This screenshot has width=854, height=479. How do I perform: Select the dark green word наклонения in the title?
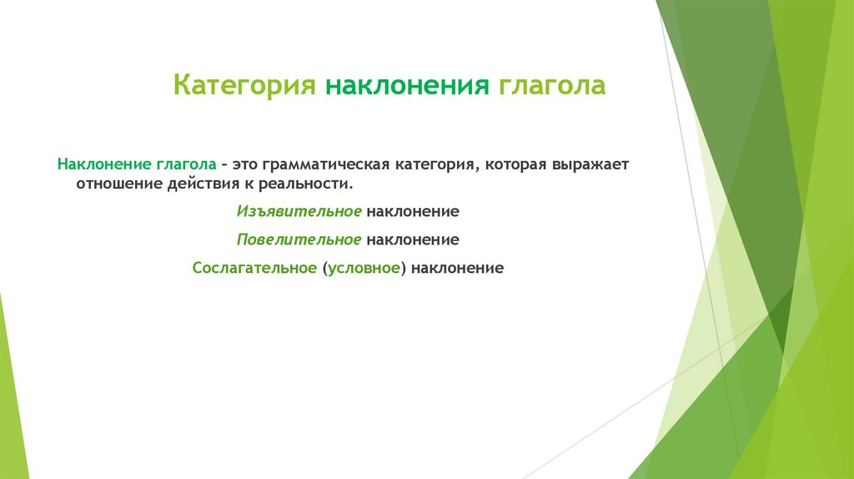click(x=408, y=86)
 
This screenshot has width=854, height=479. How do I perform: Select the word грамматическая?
click(x=326, y=164)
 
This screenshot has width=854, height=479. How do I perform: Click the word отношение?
click(x=117, y=184)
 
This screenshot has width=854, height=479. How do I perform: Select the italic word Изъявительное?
click(x=299, y=212)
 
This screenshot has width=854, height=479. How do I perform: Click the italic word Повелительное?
click(x=299, y=240)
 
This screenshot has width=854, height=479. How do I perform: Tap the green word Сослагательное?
click(x=254, y=269)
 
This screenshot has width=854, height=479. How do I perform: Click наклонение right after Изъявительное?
click(x=413, y=212)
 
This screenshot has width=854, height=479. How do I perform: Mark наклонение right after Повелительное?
click(x=413, y=240)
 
